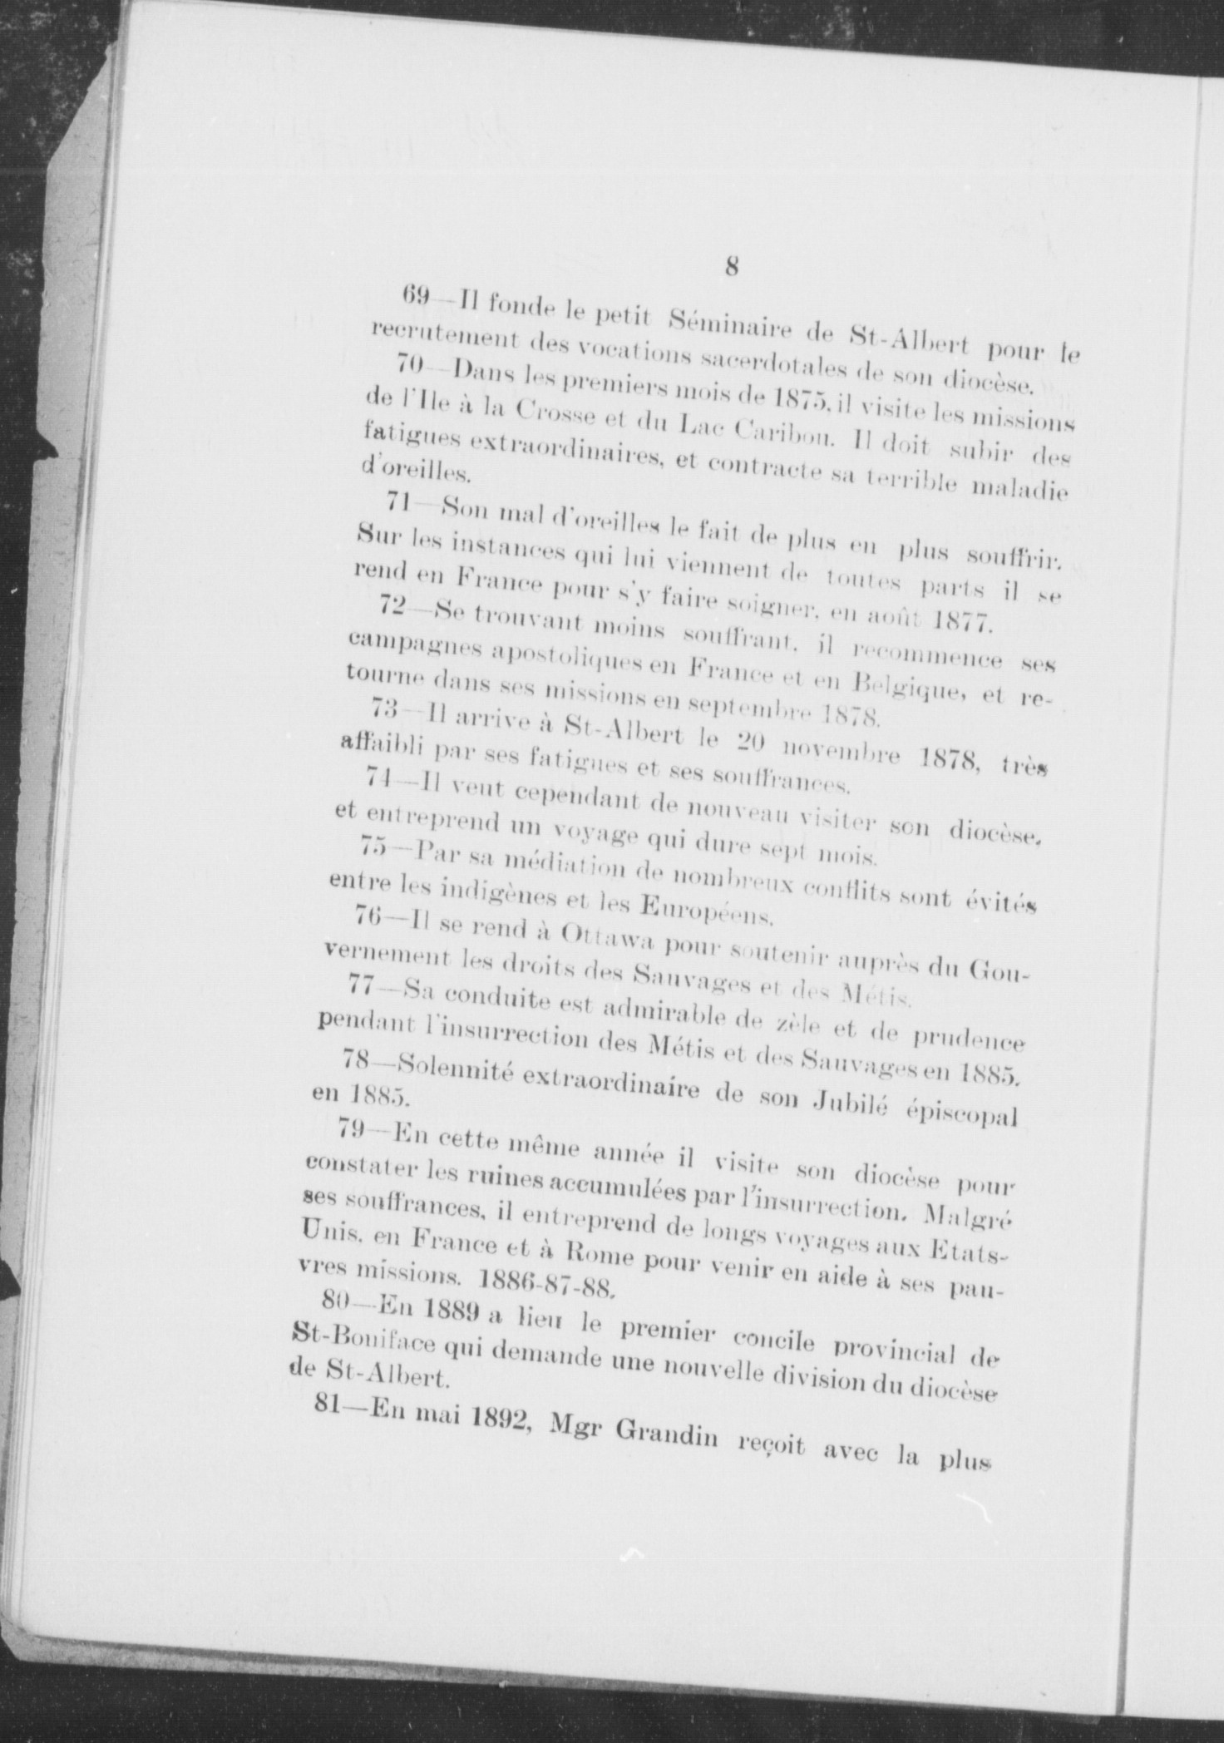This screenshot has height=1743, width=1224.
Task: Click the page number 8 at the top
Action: point(732,266)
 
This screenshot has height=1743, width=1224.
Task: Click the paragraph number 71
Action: point(402,502)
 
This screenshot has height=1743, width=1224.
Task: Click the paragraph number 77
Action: point(361,985)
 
